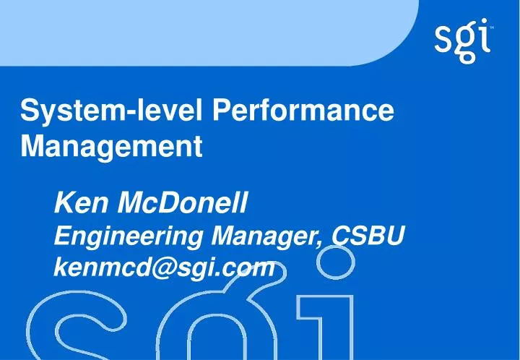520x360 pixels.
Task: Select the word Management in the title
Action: [x=110, y=147]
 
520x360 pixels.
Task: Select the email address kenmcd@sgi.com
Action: [x=165, y=268]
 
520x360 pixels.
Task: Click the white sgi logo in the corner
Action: [x=464, y=41]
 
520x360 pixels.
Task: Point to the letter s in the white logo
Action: [x=444, y=42]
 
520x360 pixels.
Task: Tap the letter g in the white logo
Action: [x=465, y=45]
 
